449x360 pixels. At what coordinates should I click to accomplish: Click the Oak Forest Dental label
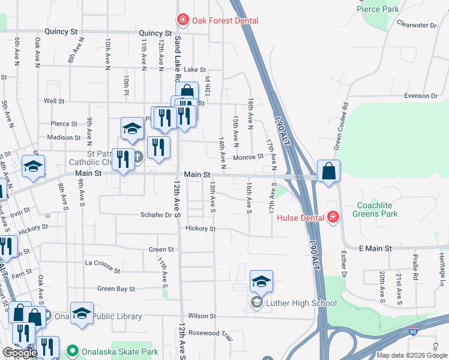coord(225,20)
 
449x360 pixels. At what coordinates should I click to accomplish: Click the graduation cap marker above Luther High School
coord(262,281)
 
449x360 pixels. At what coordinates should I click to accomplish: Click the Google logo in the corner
coord(20,353)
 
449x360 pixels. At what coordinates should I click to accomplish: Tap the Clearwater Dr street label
coord(416,25)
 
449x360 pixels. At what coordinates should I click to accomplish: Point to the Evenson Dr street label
coord(420,95)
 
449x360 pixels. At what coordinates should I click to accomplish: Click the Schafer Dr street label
coord(156,214)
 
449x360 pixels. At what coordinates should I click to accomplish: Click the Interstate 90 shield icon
coord(414,331)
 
